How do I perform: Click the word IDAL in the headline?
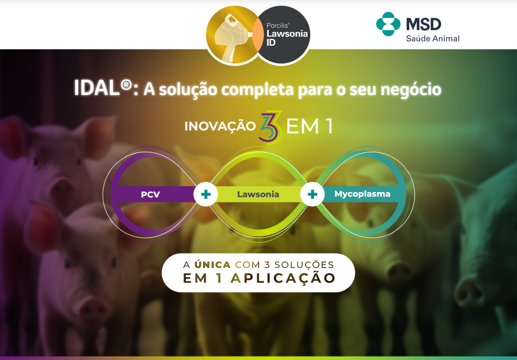click(96, 88)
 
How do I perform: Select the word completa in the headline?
click(257, 90)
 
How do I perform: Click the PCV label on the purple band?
click(150, 194)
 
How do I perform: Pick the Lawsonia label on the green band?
click(258, 194)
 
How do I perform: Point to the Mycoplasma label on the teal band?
click(362, 194)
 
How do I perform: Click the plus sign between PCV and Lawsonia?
click(206, 194)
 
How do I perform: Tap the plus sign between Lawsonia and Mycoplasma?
click(312, 194)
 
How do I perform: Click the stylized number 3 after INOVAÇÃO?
click(271, 128)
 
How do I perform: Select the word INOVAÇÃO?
click(220, 126)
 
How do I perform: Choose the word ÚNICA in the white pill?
click(212, 265)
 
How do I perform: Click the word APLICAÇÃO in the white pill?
click(283, 278)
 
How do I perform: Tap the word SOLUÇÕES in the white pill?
click(304, 265)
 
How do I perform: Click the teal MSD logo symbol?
click(388, 24)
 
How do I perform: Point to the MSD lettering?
click(424, 24)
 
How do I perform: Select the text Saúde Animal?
click(432, 39)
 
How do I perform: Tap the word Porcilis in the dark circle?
click(278, 25)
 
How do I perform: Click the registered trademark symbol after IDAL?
click(126, 85)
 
